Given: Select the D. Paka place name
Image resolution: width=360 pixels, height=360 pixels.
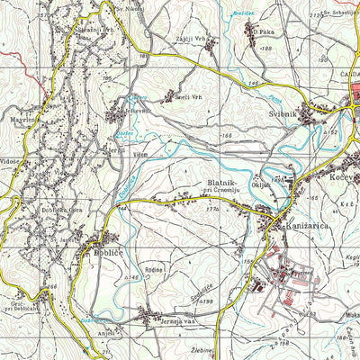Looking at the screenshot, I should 263,32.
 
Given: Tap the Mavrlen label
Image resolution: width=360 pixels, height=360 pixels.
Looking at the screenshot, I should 22,119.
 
